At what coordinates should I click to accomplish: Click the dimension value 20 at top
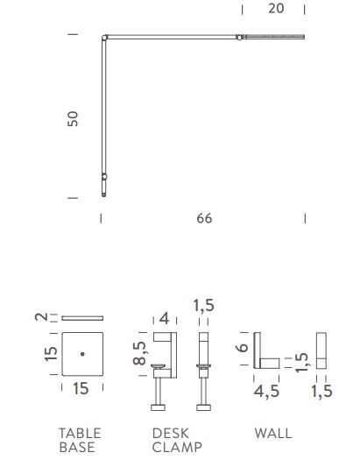pos(276,9)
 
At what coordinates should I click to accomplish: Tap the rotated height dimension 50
pos(73,118)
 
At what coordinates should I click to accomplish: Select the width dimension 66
pos(204,218)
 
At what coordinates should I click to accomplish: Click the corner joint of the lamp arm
pos(104,38)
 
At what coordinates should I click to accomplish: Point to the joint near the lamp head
pos(239,38)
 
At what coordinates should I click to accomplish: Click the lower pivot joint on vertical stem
pos(104,176)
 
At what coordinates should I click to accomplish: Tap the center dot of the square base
pos(82,354)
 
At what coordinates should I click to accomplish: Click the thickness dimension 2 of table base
pos(41,317)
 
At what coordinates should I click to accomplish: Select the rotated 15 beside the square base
pos(51,354)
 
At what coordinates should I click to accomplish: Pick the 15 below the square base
pos(81,388)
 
